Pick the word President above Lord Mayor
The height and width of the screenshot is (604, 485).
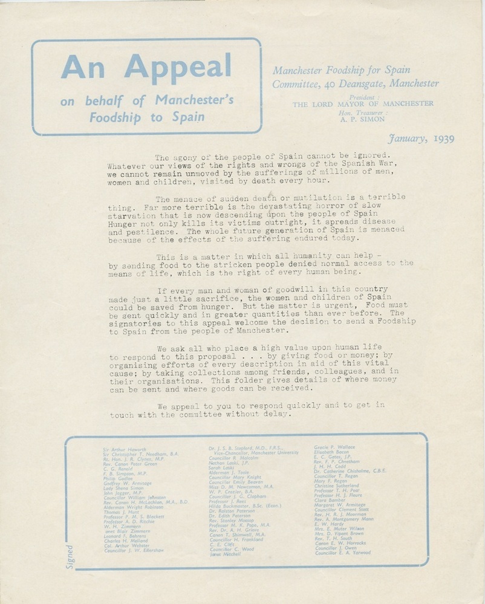363,97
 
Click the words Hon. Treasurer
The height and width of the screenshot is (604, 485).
362,112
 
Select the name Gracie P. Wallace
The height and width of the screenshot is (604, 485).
334,447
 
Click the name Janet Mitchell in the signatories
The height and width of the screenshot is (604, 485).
225,553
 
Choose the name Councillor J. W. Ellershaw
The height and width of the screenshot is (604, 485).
134,550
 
